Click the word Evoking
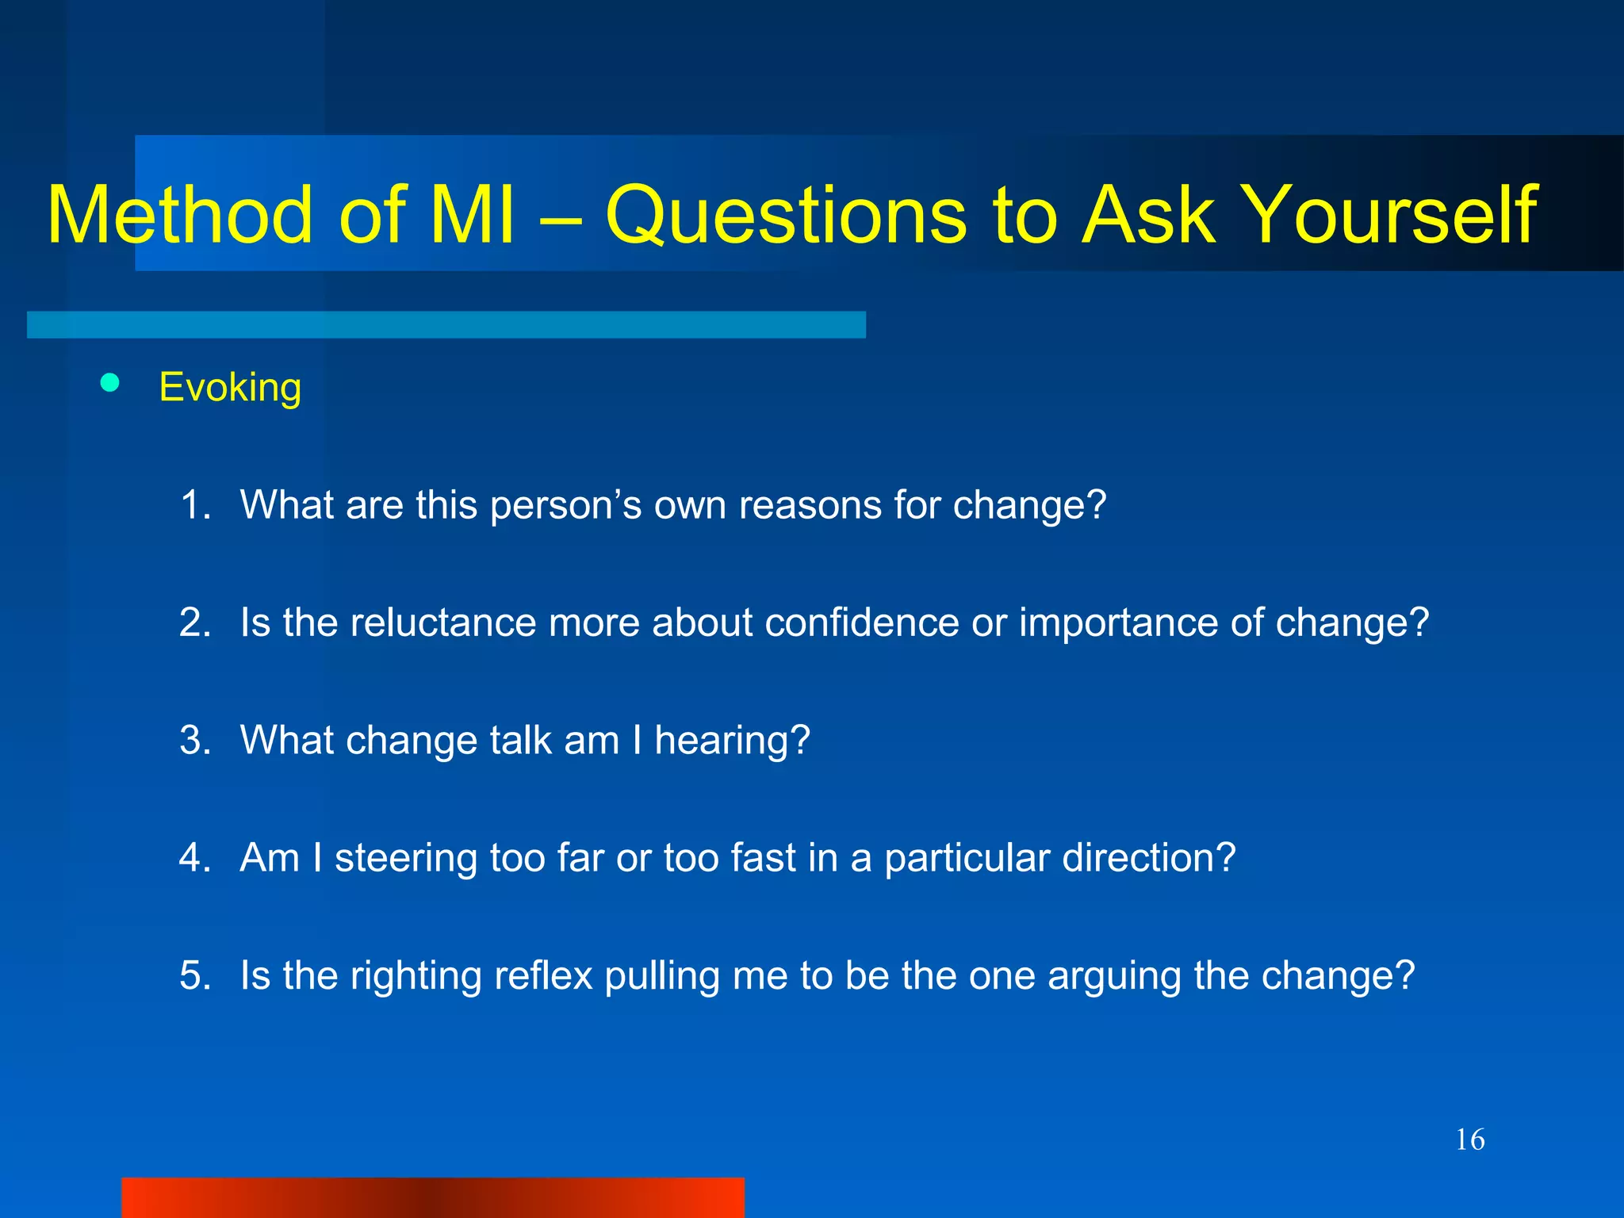click(230, 388)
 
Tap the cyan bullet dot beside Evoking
click(110, 384)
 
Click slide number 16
click(1469, 1140)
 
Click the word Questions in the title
click(786, 215)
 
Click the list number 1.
click(194, 505)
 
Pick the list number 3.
click(194, 740)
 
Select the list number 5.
click(194, 975)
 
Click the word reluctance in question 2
click(442, 622)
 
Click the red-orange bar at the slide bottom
click(433, 1197)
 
